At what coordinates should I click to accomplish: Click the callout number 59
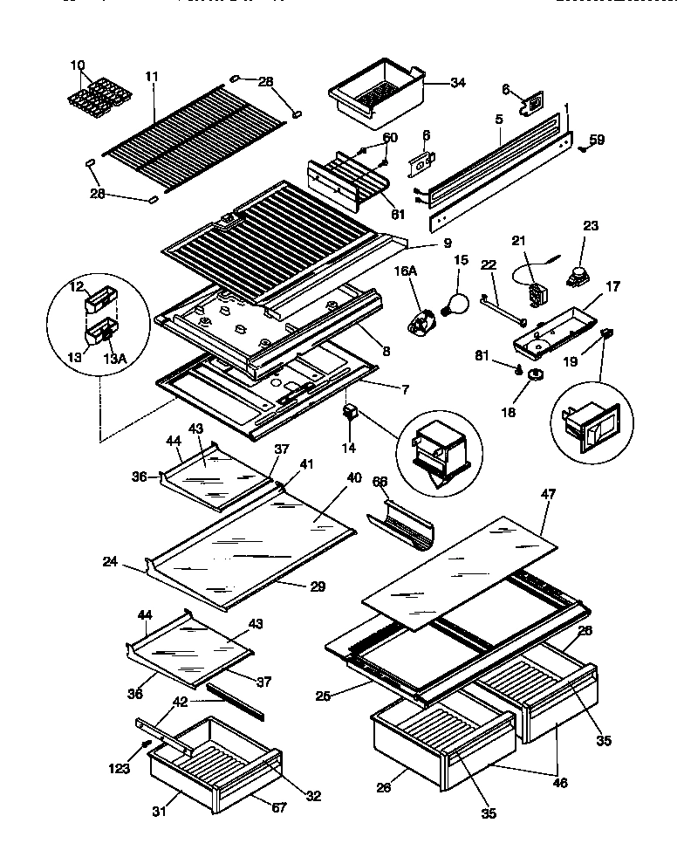click(597, 138)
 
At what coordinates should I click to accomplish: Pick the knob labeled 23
click(577, 277)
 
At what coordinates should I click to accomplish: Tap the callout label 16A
click(408, 272)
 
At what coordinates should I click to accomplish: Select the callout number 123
click(120, 769)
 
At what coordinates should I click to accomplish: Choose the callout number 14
click(349, 448)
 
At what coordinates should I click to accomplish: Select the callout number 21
click(518, 240)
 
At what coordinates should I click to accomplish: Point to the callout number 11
click(154, 78)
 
